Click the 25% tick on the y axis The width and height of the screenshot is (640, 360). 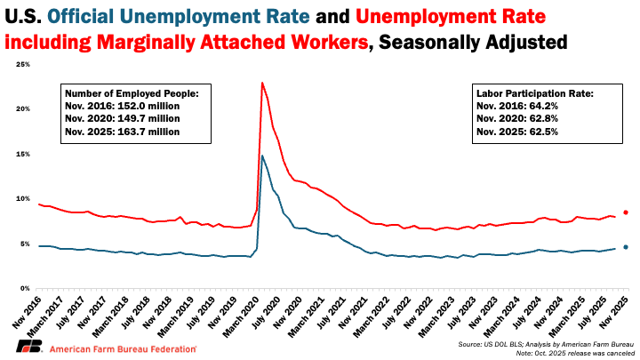pos(24,64)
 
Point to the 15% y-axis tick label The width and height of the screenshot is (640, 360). pos(24,154)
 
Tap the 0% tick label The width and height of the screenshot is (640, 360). pos(27,288)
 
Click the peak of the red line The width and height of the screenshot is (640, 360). pos(262,83)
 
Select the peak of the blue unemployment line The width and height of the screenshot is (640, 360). pos(262,156)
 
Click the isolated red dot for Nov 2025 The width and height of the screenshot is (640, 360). pos(626,212)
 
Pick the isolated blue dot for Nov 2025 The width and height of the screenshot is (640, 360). pos(626,247)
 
